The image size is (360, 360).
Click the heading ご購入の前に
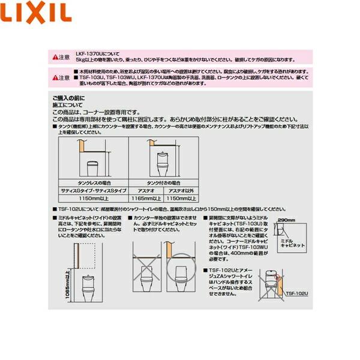tap(68, 98)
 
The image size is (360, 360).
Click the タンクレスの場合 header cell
tap(94, 181)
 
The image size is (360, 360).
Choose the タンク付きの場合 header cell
tap(164, 181)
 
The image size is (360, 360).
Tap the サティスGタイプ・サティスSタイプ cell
tap(94, 188)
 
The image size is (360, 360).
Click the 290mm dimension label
tap(288, 221)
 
